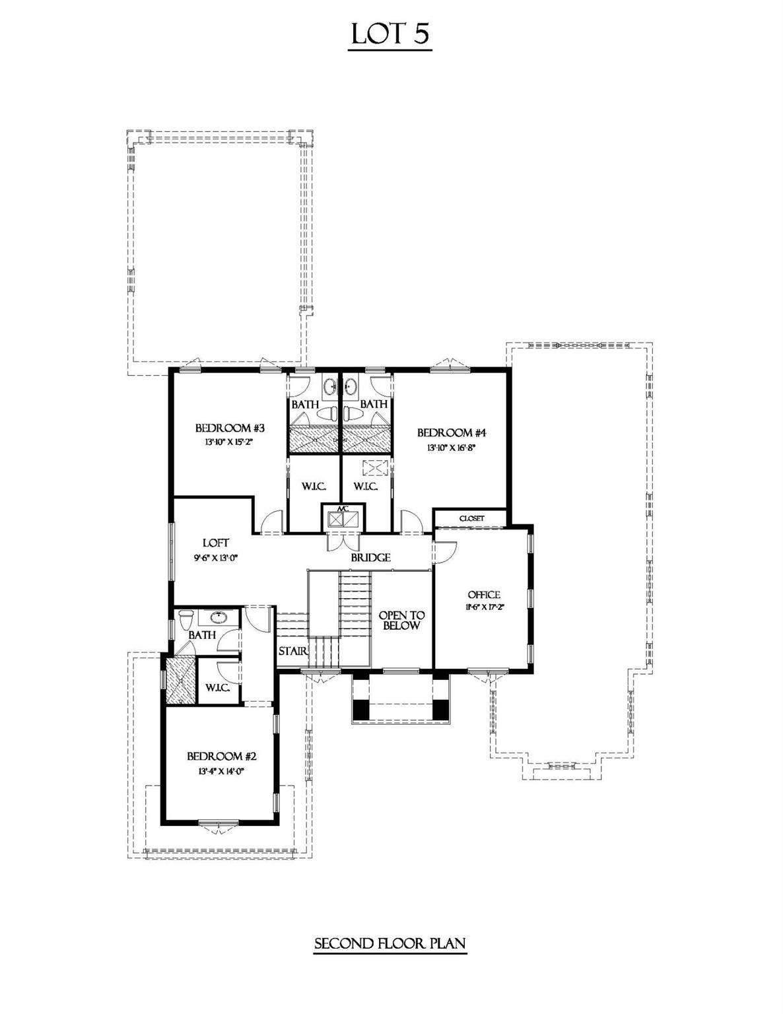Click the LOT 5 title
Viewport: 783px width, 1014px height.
[x=391, y=34]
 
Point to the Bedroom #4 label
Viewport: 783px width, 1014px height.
[x=452, y=433]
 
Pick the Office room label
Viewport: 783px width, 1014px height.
[x=484, y=595]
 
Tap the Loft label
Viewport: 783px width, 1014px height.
[x=216, y=543]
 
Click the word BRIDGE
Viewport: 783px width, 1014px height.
[x=370, y=558]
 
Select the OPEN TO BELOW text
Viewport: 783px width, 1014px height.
[x=401, y=621]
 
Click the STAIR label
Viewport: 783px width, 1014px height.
[x=292, y=651]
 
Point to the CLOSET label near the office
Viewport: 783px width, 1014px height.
[x=471, y=519]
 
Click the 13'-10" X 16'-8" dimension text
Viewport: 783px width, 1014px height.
[x=452, y=448]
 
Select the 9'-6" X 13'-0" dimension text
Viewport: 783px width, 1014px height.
[x=216, y=557]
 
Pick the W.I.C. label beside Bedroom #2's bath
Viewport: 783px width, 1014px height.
[x=217, y=688]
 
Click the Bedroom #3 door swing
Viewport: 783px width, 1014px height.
[x=271, y=524]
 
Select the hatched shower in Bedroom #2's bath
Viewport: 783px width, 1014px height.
[x=179, y=680]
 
